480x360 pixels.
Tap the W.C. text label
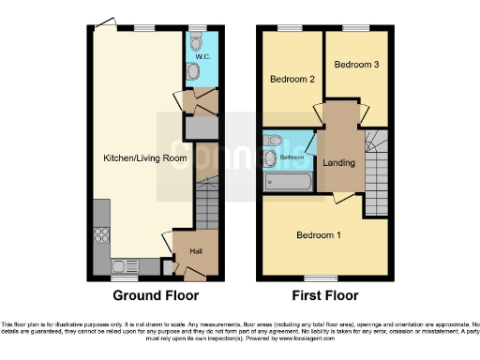pyautogui.click(x=202, y=58)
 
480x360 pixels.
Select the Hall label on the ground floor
pyautogui.click(x=196, y=251)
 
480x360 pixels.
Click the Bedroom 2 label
pyautogui.click(x=292, y=79)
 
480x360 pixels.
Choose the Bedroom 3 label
pyautogui.click(x=356, y=65)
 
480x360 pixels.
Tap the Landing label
pyautogui.click(x=339, y=162)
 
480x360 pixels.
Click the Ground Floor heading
pyautogui.click(x=154, y=295)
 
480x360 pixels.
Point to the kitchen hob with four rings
pyautogui.click(x=101, y=236)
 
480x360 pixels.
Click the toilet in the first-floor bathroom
pyautogui.click(x=272, y=141)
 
